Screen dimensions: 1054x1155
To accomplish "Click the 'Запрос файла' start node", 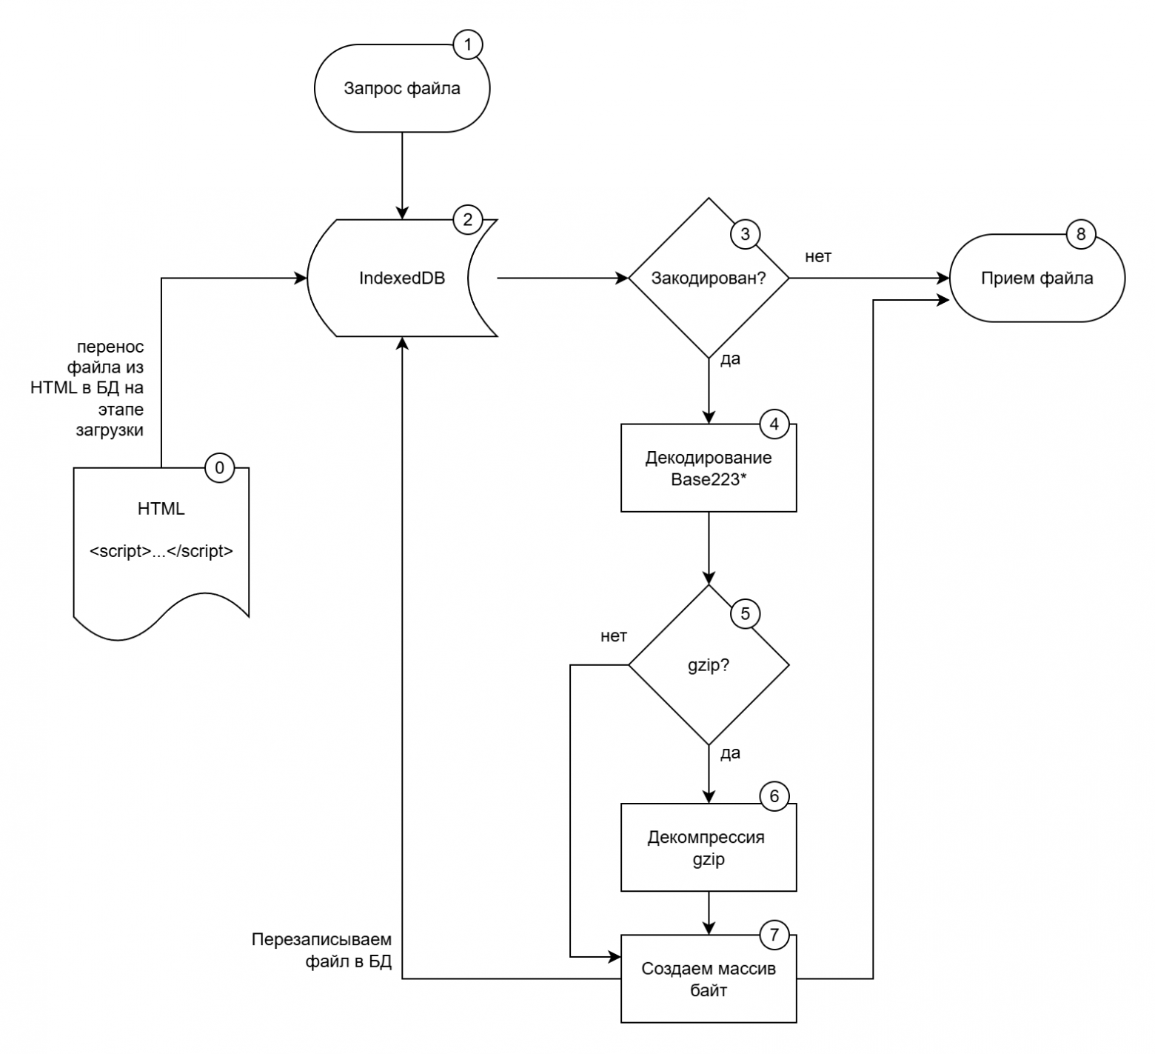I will click(x=402, y=89).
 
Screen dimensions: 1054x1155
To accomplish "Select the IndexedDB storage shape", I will click(x=402, y=278).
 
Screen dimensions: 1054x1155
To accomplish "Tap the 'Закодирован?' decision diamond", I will click(x=709, y=278).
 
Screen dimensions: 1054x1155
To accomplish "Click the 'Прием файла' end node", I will click(x=1037, y=278).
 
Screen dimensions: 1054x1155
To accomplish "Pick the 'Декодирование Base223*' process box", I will click(x=709, y=468).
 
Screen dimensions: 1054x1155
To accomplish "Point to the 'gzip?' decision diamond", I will click(x=709, y=665).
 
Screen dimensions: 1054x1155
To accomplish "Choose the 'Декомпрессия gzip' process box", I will click(x=709, y=848).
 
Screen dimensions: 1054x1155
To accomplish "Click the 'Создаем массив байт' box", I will click(x=709, y=979).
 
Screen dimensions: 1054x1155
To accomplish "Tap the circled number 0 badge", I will click(x=219, y=467).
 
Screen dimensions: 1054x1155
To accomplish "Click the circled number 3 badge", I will click(x=745, y=234).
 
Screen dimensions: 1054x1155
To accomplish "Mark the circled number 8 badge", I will click(x=1080, y=234).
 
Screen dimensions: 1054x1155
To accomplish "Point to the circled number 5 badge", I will click(x=745, y=613).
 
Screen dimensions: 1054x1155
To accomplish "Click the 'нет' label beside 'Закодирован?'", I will click(x=818, y=257).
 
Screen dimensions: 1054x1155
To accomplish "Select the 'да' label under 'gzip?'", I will click(x=730, y=753).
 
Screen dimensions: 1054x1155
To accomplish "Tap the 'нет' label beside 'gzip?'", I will click(x=614, y=636).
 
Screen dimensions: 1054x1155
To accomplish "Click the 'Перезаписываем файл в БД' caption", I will click(x=321, y=951).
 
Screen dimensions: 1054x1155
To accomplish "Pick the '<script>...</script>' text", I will click(x=161, y=551).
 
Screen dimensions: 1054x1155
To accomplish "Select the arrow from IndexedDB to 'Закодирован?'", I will click(x=563, y=278).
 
